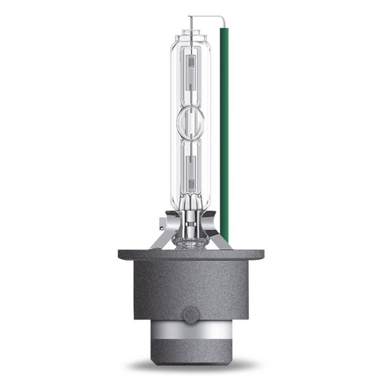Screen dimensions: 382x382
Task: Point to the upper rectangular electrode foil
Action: [191, 68]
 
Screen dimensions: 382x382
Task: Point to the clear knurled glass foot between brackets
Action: [191, 240]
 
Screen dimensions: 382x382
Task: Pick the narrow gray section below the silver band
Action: [191, 358]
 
